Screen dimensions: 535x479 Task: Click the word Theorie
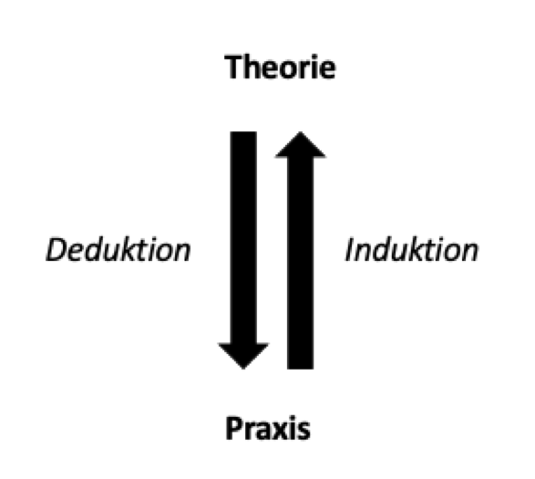(280, 67)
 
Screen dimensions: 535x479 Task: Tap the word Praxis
(268, 428)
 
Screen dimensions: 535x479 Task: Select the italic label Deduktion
(118, 250)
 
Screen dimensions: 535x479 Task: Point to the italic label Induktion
(412, 250)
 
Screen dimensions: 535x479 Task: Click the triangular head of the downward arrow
(243, 354)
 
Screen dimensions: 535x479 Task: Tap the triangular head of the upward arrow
(300, 147)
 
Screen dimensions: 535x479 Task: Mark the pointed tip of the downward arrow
(243, 369)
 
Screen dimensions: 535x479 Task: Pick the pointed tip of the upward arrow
(300, 131)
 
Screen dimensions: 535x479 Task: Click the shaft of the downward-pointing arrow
(243, 237)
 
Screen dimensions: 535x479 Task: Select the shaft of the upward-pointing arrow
(300, 264)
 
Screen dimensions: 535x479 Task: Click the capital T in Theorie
(235, 68)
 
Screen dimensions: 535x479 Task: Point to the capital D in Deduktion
(58, 250)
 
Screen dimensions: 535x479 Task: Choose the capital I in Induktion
(350, 250)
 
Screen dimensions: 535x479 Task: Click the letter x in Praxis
(281, 431)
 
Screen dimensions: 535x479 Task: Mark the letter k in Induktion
(422, 249)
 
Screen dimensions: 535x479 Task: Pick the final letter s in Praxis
(304, 432)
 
